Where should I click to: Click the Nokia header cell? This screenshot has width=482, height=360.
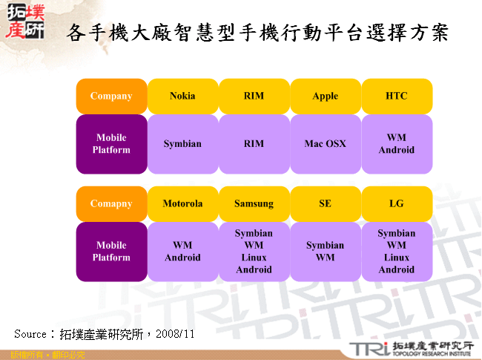point(182,96)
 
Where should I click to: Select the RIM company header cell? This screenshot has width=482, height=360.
point(254,96)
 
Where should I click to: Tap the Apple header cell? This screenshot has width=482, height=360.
point(325,96)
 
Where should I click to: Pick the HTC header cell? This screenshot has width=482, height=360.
point(397,96)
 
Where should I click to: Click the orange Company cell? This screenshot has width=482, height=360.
point(111,96)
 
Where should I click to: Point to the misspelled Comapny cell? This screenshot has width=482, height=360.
point(111,203)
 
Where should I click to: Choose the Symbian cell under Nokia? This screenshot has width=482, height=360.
point(182,143)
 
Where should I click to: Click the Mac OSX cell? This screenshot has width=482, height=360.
point(325,143)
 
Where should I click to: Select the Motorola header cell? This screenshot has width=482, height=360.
point(182,203)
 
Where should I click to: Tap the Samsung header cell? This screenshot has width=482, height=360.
point(254,203)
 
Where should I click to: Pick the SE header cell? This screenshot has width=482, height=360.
point(325,203)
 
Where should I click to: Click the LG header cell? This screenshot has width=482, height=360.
point(397,203)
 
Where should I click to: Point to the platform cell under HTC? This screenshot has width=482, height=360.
point(397,143)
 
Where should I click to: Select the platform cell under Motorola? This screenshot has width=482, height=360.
point(182,252)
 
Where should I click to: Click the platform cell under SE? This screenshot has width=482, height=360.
point(325,252)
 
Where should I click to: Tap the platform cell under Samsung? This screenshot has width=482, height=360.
point(254,252)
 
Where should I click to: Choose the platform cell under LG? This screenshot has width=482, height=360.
point(397,252)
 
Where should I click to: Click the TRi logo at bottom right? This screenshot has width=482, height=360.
point(367,349)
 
